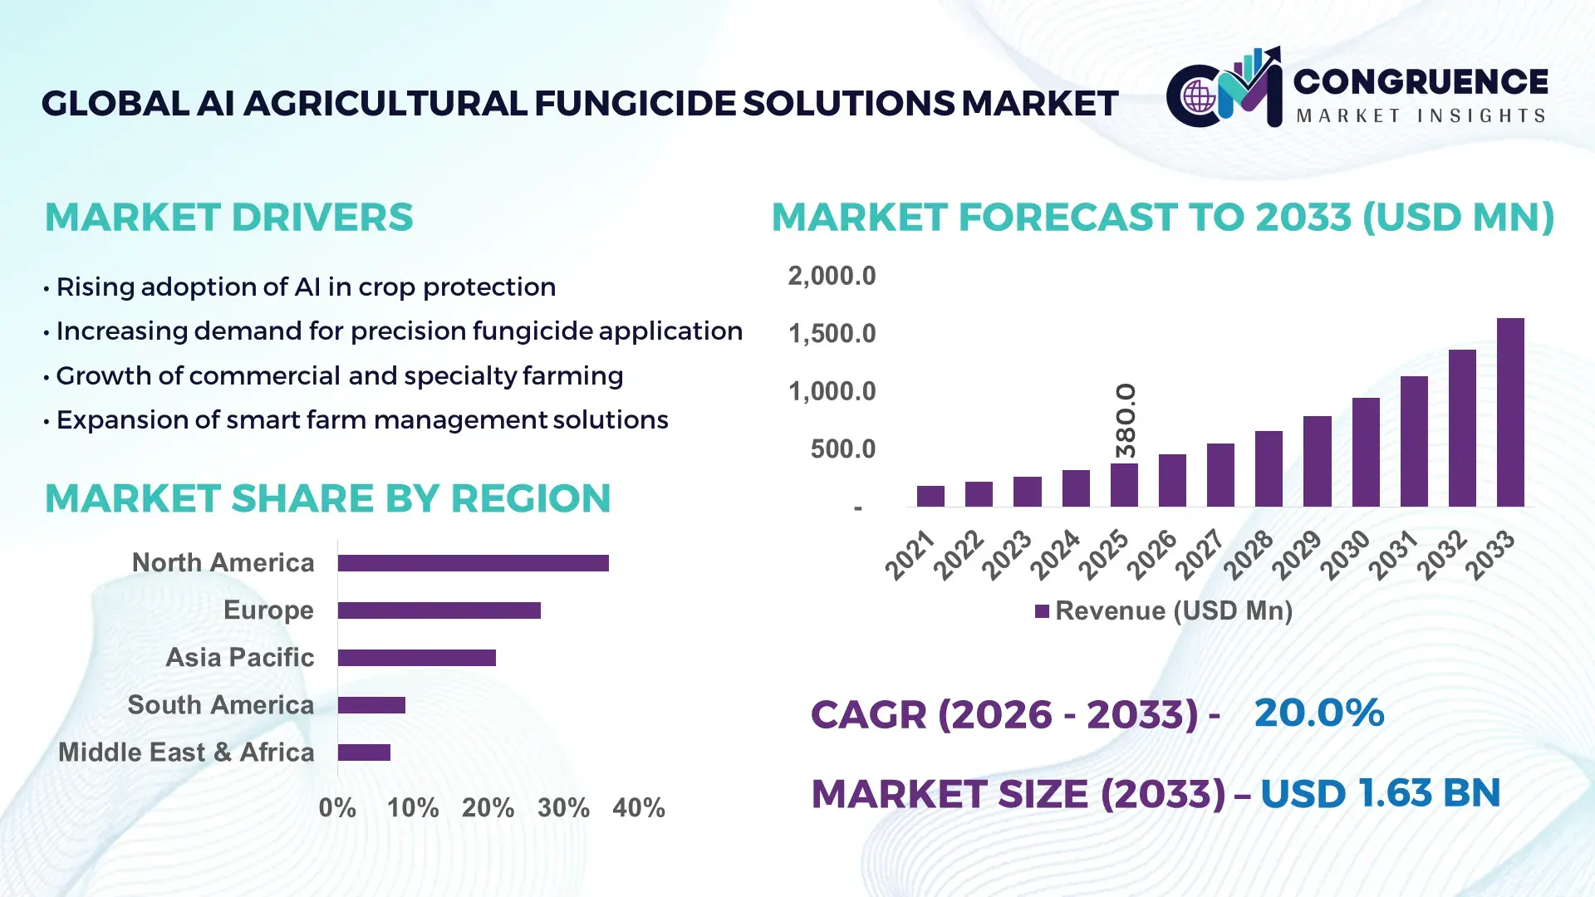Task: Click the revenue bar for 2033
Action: (1510, 413)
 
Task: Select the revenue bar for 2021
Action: (930, 497)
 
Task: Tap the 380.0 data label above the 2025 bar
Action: (1125, 420)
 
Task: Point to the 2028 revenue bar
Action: (1269, 469)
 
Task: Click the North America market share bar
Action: (473, 563)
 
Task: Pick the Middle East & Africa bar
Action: (364, 752)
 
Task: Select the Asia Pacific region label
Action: (239, 657)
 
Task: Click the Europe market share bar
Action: (439, 610)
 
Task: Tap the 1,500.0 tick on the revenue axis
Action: (832, 334)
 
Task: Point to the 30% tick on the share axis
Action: (563, 807)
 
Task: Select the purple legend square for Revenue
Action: (1042, 611)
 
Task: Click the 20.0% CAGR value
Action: (1318, 713)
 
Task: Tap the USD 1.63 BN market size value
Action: (1380, 793)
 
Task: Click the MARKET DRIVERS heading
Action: (228, 218)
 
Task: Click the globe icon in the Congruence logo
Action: (1200, 96)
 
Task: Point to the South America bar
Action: (371, 705)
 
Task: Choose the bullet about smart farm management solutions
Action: (361, 420)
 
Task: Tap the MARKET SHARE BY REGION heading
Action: (327, 498)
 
